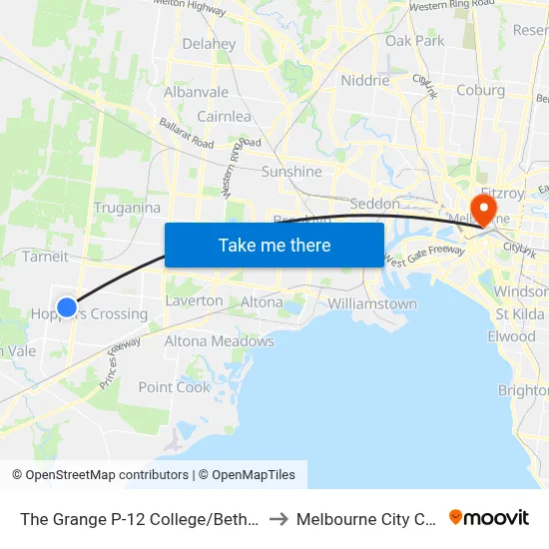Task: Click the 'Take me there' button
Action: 274,245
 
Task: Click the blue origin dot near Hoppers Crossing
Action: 66,307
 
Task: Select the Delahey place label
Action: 209,44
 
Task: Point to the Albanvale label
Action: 197,92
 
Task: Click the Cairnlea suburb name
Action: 224,117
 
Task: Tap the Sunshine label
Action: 291,172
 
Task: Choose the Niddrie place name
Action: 365,81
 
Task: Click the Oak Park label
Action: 415,41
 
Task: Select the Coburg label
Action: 480,90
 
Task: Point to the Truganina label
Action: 127,208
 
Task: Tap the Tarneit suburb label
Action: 45,257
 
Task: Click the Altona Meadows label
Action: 220,341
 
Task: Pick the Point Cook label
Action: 175,387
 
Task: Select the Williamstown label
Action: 372,303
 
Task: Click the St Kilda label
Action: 519,315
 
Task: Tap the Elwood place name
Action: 512,336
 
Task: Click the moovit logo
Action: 489,518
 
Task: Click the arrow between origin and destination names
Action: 278,519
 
